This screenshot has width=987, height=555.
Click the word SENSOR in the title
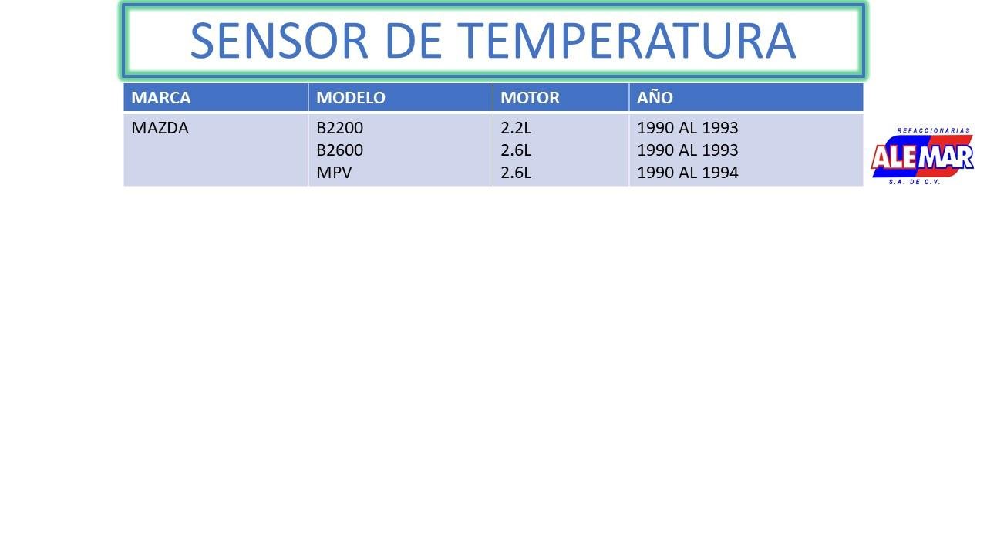(279, 41)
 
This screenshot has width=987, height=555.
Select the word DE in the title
(413, 41)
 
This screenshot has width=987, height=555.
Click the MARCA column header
(161, 97)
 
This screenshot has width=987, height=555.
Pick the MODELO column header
(351, 97)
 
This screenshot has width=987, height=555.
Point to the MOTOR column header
(530, 97)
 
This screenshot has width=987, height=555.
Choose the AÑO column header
(655, 97)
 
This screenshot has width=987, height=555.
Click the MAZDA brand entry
(160, 128)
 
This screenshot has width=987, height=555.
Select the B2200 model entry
(340, 128)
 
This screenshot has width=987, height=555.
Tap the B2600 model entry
(340, 150)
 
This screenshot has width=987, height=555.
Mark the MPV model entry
(334, 173)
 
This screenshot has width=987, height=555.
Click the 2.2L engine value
(516, 128)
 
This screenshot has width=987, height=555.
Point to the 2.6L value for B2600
(516, 150)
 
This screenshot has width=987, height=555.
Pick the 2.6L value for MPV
(516, 173)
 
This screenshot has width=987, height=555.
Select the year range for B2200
(687, 128)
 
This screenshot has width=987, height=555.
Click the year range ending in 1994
(687, 173)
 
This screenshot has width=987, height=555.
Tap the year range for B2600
(687, 150)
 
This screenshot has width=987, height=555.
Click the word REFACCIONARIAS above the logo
(933, 130)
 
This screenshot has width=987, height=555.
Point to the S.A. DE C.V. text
(915, 182)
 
